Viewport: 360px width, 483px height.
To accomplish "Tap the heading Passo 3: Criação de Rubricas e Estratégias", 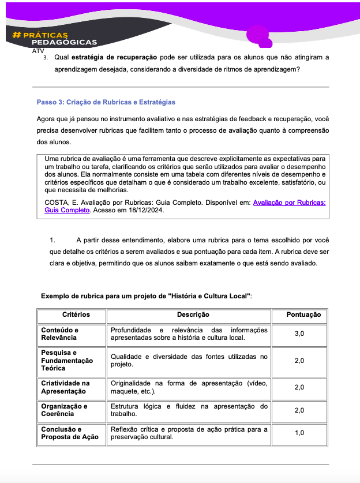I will tap(106, 102).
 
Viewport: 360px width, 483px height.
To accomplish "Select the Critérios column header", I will tap(72, 315).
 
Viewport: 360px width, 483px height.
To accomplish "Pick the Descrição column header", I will tap(189, 315).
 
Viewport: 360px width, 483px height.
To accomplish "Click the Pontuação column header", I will tap(300, 315).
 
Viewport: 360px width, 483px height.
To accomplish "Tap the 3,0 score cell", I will tap(300, 334).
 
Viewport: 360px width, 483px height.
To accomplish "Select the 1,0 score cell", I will tap(300, 433).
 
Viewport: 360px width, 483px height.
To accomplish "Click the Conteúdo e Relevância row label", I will tap(59, 334).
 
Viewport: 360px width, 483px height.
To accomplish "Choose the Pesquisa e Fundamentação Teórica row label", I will tap(66, 360).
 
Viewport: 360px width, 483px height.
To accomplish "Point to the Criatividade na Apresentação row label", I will tap(65, 387).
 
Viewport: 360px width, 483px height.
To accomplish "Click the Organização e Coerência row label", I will tap(64, 410).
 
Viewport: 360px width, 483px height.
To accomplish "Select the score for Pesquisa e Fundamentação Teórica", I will tap(300, 361).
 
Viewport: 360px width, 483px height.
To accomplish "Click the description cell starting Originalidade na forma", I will tap(189, 387).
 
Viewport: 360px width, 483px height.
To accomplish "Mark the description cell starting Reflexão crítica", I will tap(189, 433).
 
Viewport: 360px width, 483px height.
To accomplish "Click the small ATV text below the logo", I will tap(39, 50).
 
